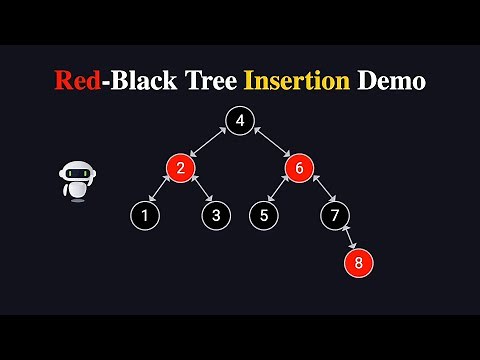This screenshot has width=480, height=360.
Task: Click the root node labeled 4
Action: pos(240,121)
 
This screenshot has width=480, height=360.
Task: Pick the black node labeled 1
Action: pos(145,214)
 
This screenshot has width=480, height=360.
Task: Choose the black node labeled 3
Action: pos(215,214)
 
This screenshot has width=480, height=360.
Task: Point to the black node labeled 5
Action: pos(264,214)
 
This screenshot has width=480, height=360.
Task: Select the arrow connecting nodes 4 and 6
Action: pos(270,144)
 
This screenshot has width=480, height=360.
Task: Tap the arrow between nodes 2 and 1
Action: pos(162,191)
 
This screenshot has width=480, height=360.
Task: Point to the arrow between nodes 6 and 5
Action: pos(281,191)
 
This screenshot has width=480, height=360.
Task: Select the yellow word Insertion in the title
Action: pos(305,81)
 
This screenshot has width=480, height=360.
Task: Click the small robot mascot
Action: pos(77,180)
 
